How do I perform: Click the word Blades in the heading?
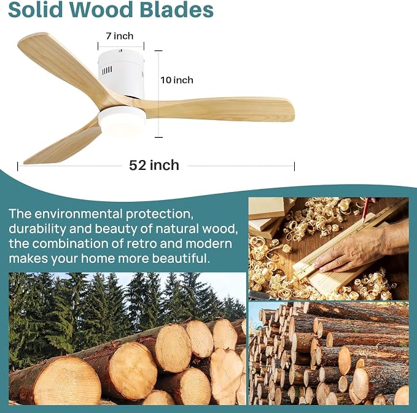tap(177, 10)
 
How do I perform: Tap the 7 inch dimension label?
tap(120, 36)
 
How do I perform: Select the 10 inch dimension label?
tap(177, 80)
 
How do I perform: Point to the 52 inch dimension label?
tap(154, 165)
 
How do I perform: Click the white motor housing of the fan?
tap(121, 73)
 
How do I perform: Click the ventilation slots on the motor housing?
tap(107, 71)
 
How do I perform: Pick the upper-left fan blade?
tap(61, 66)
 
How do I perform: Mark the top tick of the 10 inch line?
tap(158, 50)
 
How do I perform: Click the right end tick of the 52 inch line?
tap(294, 166)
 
